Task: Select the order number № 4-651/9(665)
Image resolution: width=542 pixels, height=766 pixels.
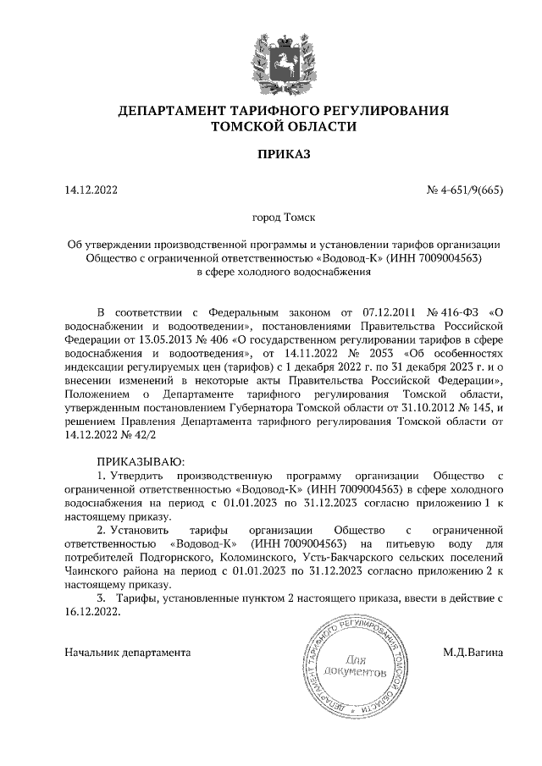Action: coord(465,190)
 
